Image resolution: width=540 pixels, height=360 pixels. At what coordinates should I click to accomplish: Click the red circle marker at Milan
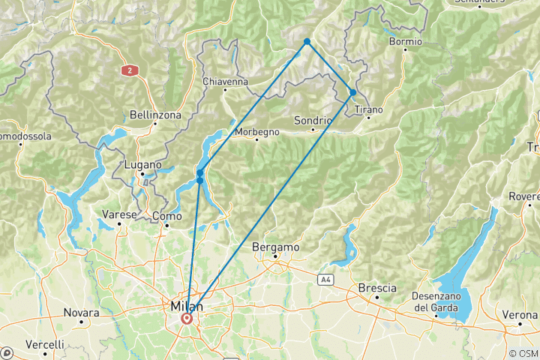pos(186,319)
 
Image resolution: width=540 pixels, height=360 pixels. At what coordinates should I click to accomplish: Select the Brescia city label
pos(377,288)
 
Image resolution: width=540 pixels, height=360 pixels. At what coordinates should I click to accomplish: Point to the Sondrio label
pos(313,120)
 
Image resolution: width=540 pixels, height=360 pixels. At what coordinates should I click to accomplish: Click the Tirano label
pos(368,109)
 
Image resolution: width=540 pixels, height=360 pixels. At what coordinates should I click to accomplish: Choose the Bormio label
pos(405,41)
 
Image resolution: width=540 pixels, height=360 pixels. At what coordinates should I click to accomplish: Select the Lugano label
pos(142,164)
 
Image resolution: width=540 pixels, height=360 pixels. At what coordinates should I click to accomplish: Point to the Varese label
pos(119,214)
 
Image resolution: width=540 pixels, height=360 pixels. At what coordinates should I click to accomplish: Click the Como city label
pos(166,216)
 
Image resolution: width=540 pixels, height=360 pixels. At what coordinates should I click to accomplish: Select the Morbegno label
pos(257,132)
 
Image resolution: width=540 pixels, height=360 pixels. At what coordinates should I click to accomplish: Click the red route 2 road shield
pos(130,70)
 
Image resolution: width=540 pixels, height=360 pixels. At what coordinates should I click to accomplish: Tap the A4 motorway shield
pos(325,280)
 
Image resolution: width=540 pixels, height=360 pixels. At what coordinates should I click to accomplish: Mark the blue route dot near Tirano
pos(352,93)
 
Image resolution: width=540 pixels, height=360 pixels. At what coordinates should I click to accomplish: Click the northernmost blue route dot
pos(307,41)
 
